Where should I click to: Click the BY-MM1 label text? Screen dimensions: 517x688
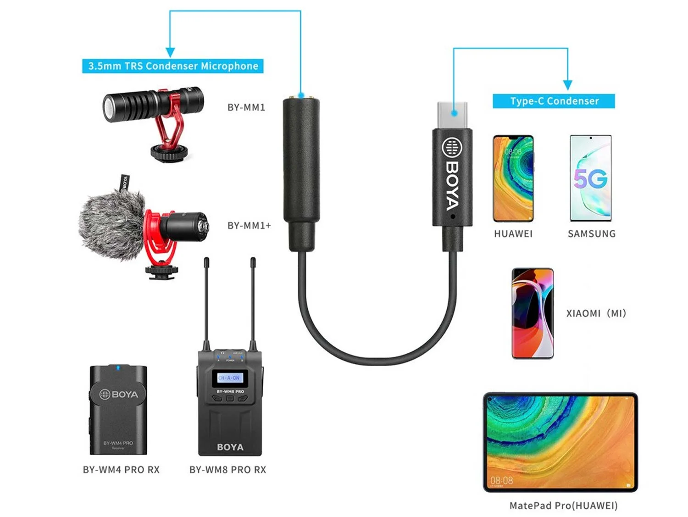[246, 107]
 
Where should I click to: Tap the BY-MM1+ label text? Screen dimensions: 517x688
[249, 226]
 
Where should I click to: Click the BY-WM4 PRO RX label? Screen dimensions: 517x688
[121, 470]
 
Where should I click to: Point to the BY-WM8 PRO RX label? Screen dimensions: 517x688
[227, 470]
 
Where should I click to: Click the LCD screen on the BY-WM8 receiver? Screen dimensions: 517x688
[229, 378]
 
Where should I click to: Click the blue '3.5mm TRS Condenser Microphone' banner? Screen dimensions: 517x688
[173, 66]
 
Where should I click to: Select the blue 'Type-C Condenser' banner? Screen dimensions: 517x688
[554, 101]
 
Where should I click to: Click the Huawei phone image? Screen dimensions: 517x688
[513, 178]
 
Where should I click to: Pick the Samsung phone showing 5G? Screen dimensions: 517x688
[591, 178]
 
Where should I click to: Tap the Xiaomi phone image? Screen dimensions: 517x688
[533, 313]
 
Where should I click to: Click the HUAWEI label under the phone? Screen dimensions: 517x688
[513, 234]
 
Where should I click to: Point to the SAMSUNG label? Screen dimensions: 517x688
[592, 234]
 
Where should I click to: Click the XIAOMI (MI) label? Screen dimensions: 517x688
[596, 313]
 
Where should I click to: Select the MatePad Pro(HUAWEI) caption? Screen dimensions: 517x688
[563, 506]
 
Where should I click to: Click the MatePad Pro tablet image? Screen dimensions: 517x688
[560, 442]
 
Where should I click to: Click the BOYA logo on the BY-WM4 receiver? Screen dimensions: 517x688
[119, 394]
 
